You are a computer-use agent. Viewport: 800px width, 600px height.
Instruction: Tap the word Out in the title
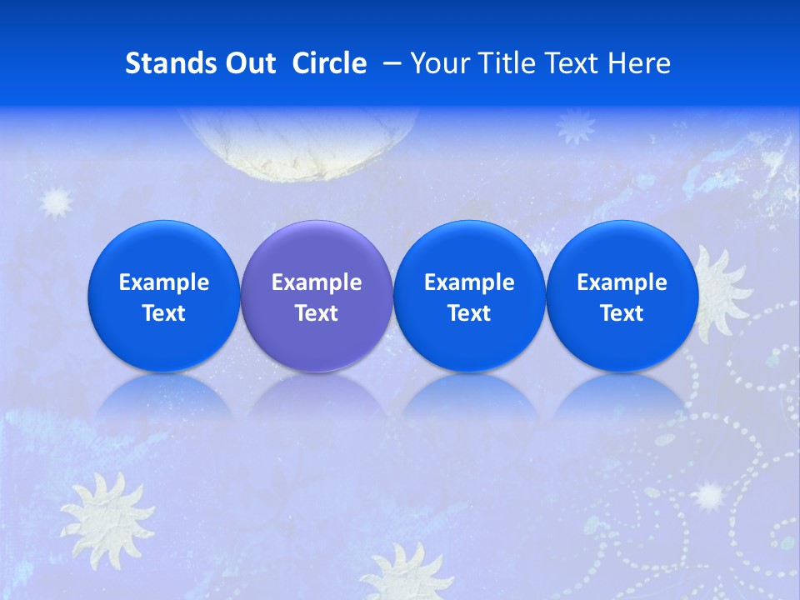[x=247, y=63]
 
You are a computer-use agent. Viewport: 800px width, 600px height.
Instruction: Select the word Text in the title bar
[x=574, y=63]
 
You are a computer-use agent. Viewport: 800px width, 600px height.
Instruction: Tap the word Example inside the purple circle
[x=317, y=282]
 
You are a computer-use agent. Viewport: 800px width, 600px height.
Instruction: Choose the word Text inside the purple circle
[x=317, y=313]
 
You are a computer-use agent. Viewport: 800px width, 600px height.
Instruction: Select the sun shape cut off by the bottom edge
[x=408, y=575]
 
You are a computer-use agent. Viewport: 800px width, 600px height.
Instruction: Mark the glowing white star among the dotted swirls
[x=709, y=496]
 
